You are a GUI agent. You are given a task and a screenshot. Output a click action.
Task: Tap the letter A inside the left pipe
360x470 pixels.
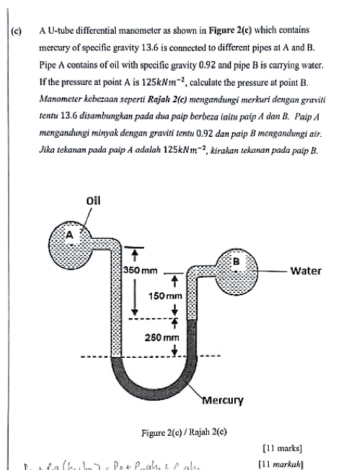click(71, 232)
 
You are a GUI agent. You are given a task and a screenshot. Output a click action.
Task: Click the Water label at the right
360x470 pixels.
click(305, 271)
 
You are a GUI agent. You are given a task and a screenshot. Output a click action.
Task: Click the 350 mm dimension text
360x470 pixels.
click(138, 270)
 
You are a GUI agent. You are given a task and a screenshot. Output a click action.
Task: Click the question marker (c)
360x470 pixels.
click(15, 30)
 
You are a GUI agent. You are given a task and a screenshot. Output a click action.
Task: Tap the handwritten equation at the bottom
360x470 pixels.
click(123, 464)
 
